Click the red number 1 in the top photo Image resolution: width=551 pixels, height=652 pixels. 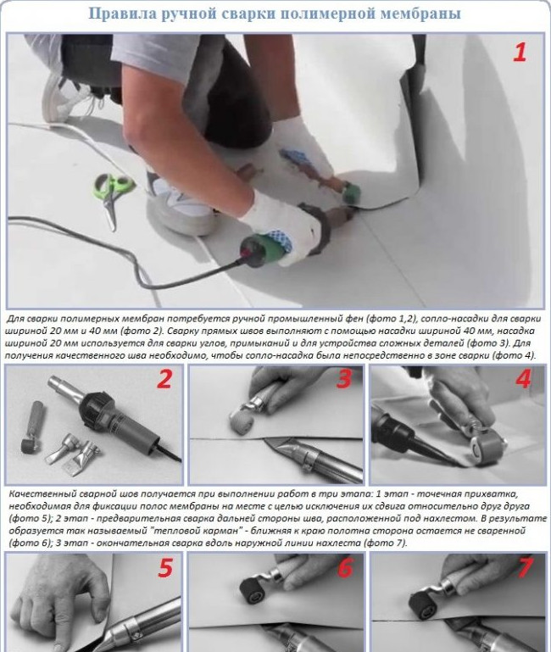coord(520,53)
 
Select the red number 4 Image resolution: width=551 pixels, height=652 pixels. coord(524,378)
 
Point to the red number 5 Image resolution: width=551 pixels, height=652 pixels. coord(165,567)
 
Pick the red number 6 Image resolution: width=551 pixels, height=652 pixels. coord(346,567)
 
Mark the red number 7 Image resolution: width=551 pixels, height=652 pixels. coord(525,567)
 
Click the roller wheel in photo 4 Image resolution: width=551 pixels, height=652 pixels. coord(480,445)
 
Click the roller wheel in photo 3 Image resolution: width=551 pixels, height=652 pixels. coord(242,421)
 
